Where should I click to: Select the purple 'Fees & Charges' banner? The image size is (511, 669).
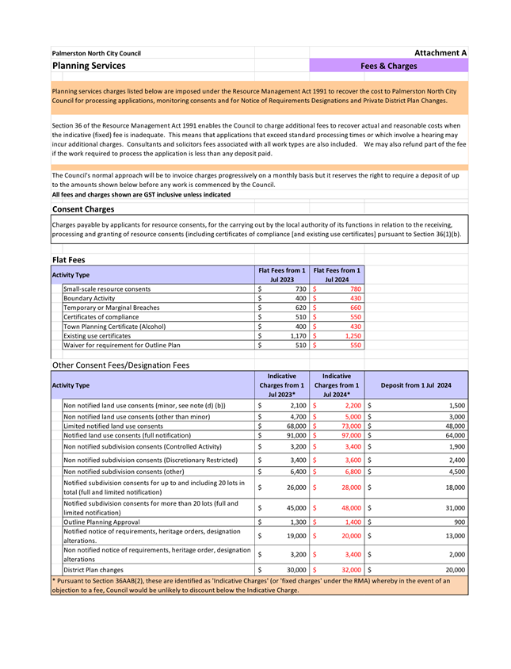(388, 66)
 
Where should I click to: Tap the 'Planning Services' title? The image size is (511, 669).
(89, 66)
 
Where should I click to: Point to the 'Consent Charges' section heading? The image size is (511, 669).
(83, 209)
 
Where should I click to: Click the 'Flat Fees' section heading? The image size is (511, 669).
(69, 259)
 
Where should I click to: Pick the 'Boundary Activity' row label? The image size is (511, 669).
(89, 298)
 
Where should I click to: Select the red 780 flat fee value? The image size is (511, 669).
(355, 289)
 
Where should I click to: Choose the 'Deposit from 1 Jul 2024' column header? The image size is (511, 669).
(416, 385)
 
